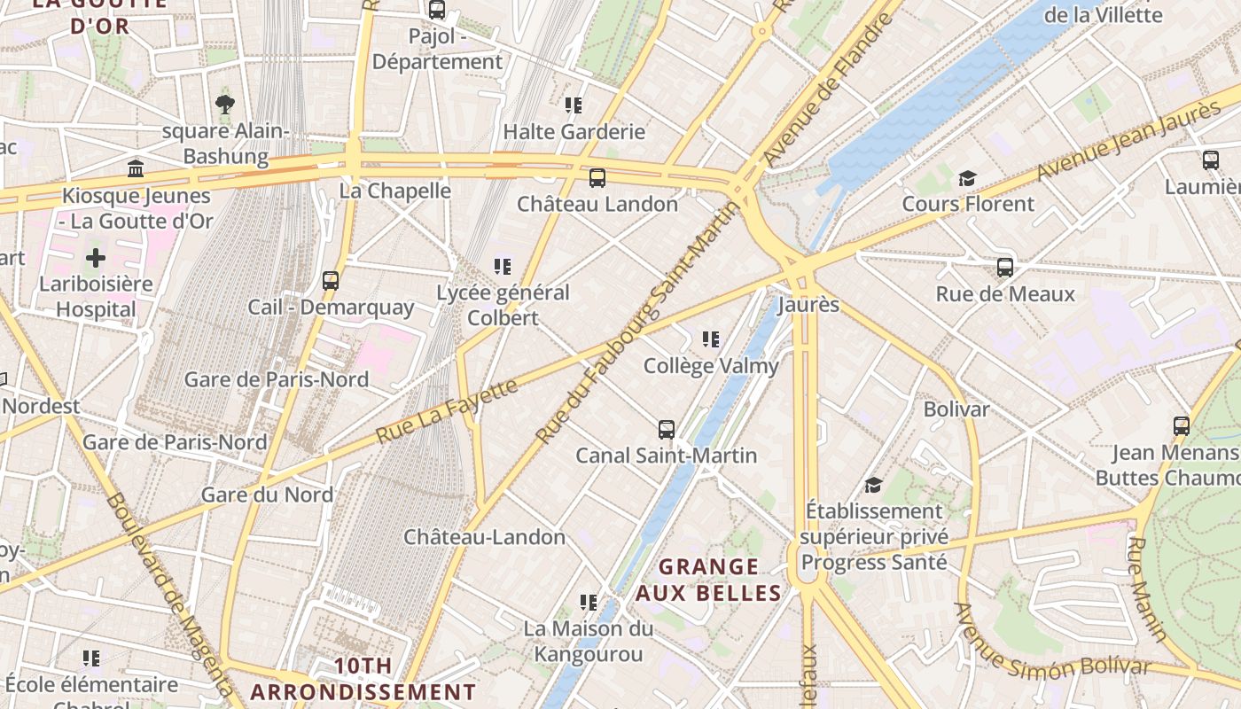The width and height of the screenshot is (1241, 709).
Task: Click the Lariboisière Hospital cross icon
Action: [96, 258]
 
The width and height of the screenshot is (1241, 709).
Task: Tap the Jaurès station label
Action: [808, 305]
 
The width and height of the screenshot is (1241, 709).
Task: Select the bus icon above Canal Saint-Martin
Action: [667, 430]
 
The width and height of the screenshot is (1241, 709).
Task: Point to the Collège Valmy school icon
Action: [710, 339]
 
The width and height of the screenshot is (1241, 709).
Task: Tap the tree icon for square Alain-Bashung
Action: [225, 105]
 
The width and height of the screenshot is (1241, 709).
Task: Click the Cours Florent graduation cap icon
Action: [967, 178]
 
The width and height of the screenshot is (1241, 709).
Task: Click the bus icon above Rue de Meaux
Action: [1004, 267]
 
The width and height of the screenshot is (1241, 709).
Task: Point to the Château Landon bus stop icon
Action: [597, 177]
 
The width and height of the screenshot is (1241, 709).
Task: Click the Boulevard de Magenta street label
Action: [170, 594]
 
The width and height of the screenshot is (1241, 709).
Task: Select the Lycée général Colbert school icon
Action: [503, 266]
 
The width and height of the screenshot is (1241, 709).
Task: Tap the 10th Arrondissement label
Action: [363, 679]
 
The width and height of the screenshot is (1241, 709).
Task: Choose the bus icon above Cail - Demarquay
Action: [331, 281]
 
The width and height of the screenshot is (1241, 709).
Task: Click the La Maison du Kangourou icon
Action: [588, 603]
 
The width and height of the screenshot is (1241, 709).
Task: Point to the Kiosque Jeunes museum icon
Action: [136, 168]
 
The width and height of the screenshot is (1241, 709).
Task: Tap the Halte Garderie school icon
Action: [574, 105]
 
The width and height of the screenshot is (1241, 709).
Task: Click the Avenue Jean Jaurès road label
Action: [1128, 140]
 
